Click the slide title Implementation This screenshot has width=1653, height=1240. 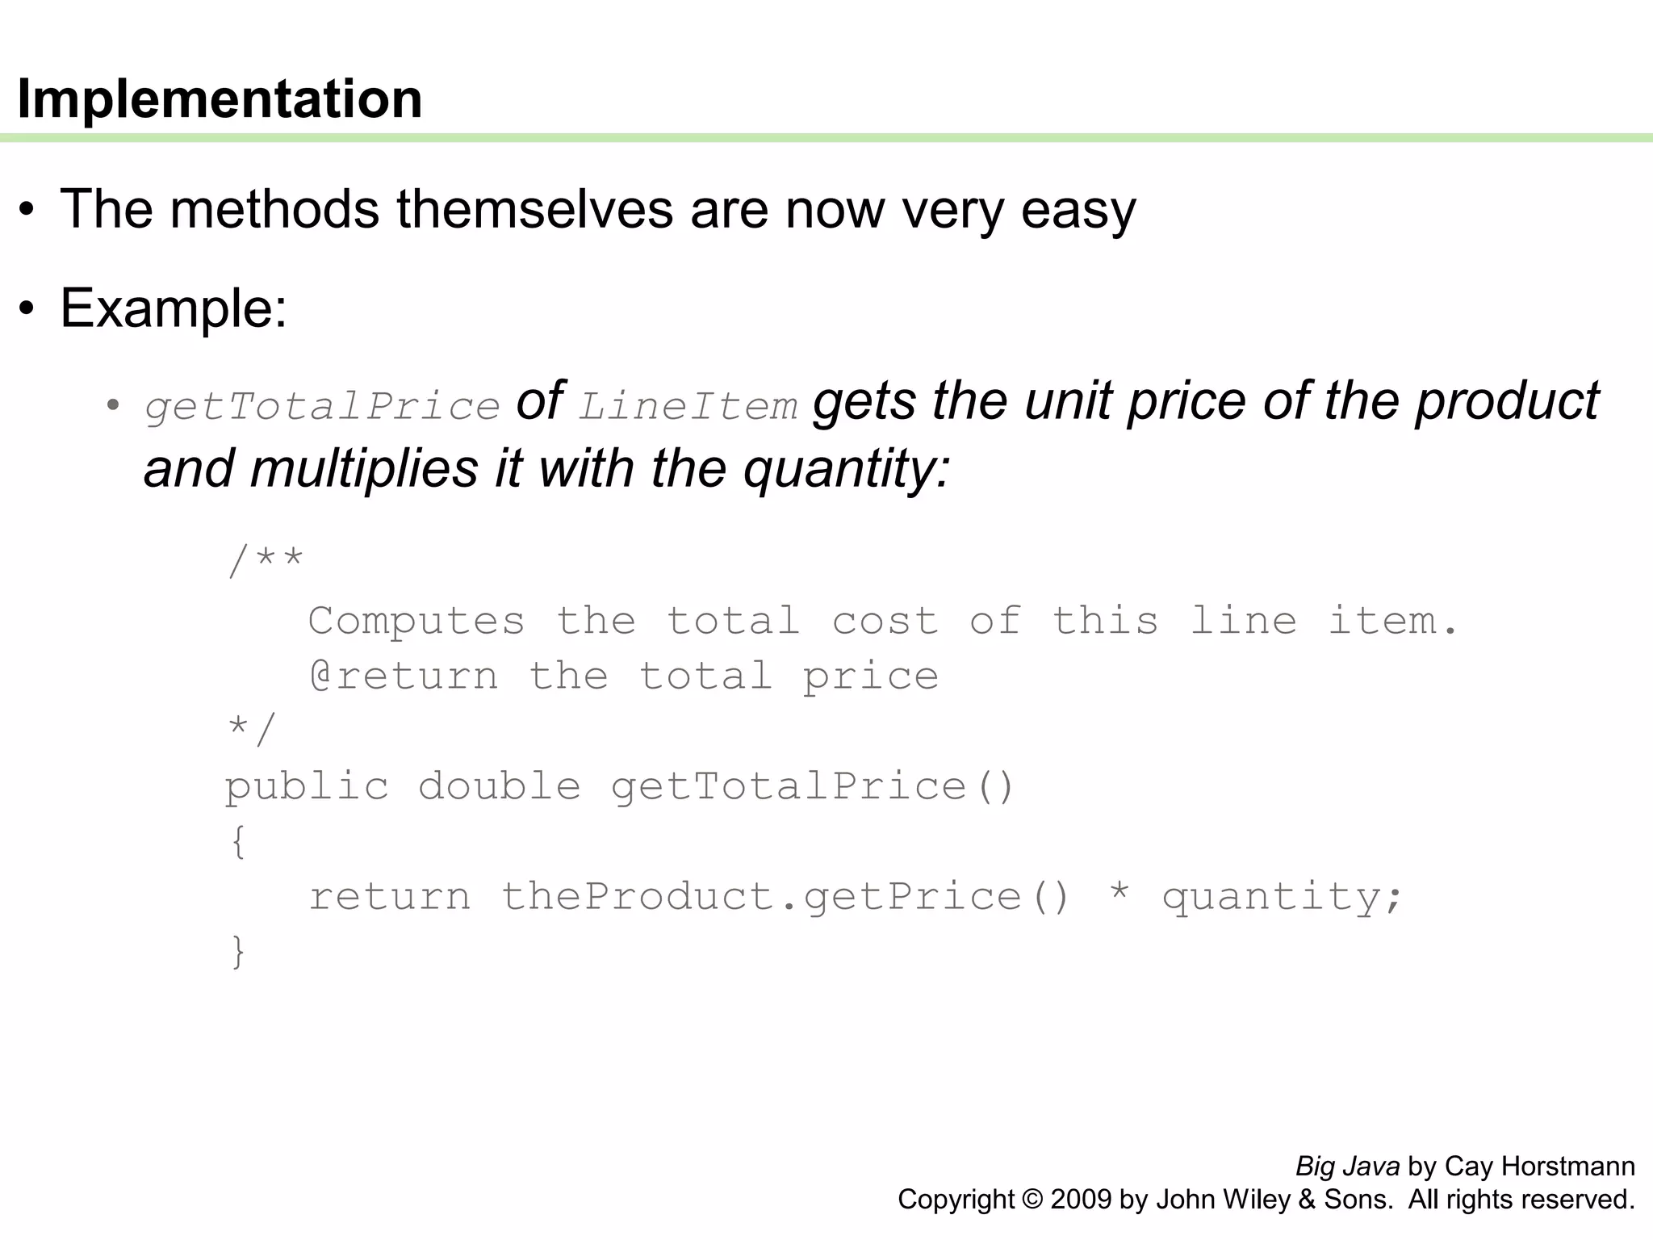[220, 98]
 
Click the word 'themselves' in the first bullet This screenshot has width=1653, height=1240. [534, 209]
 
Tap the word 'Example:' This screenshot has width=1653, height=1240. [174, 308]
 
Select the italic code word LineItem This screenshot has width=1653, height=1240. [688, 405]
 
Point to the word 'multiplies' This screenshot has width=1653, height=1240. [364, 468]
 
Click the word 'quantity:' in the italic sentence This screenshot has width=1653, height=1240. [847, 469]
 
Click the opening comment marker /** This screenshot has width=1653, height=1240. [265, 560]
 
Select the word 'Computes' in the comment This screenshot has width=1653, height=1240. [416, 621]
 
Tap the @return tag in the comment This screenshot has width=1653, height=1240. [404, 676]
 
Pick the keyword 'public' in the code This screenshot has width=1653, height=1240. [307, 786]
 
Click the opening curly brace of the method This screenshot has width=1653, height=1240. [238, 842]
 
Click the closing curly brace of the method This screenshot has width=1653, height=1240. [238, 952]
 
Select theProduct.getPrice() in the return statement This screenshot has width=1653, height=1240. [785, 897]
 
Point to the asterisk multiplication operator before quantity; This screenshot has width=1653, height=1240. [1119, 894]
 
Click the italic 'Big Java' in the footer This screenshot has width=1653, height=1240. [1347, 1167]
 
